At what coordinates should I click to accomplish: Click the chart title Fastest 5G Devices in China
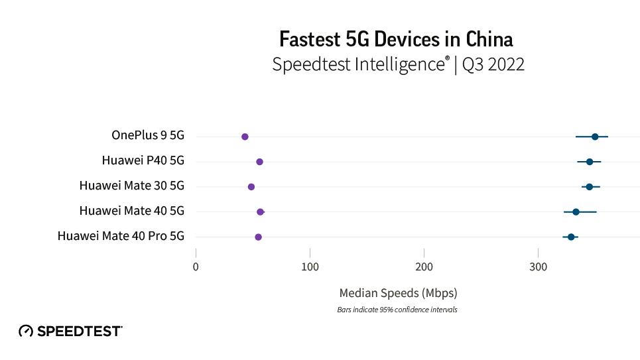click(396, 39)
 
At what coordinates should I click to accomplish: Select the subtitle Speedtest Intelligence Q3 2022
click(398, 64)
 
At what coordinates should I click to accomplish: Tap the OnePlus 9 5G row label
click(147, 135)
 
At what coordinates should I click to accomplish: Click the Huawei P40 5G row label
click(143, 160)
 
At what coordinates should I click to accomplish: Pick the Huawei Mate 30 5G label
click(131, 186)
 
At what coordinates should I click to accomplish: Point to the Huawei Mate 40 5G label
click(131, 211)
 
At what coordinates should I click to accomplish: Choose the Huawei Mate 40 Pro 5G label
click(121, 236)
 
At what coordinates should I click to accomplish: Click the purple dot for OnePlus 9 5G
click(245, 137)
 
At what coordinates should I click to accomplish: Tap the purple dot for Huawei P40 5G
click(259, 162)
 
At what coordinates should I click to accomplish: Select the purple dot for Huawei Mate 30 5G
click(251, 187)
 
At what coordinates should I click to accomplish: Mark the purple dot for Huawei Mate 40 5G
click(260, 212)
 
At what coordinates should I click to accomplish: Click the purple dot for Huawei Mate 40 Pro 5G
click(258, 237)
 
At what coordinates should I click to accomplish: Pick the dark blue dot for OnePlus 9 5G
click(595, 137)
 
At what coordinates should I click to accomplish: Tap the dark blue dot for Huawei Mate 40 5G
click(576, 212)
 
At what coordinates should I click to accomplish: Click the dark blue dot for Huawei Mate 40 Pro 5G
click(571, 237)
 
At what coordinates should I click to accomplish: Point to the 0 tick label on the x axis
click(196, 267)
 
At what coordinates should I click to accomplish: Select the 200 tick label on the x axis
click(424, 267)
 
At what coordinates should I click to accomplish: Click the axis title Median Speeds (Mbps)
click(398, 292)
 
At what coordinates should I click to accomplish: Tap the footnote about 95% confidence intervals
click(397, 310)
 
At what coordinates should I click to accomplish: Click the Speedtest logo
click(70, 331)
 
